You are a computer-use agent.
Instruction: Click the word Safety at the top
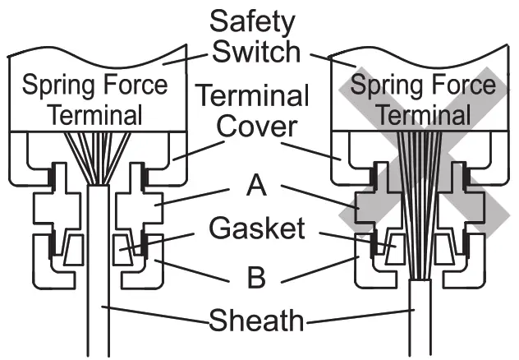click(x=252, y=20)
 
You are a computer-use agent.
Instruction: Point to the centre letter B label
click(x=258, y=277)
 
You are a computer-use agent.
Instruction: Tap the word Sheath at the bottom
click(x=257, y=320)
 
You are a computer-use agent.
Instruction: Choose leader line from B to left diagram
click(x=197, y=265)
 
